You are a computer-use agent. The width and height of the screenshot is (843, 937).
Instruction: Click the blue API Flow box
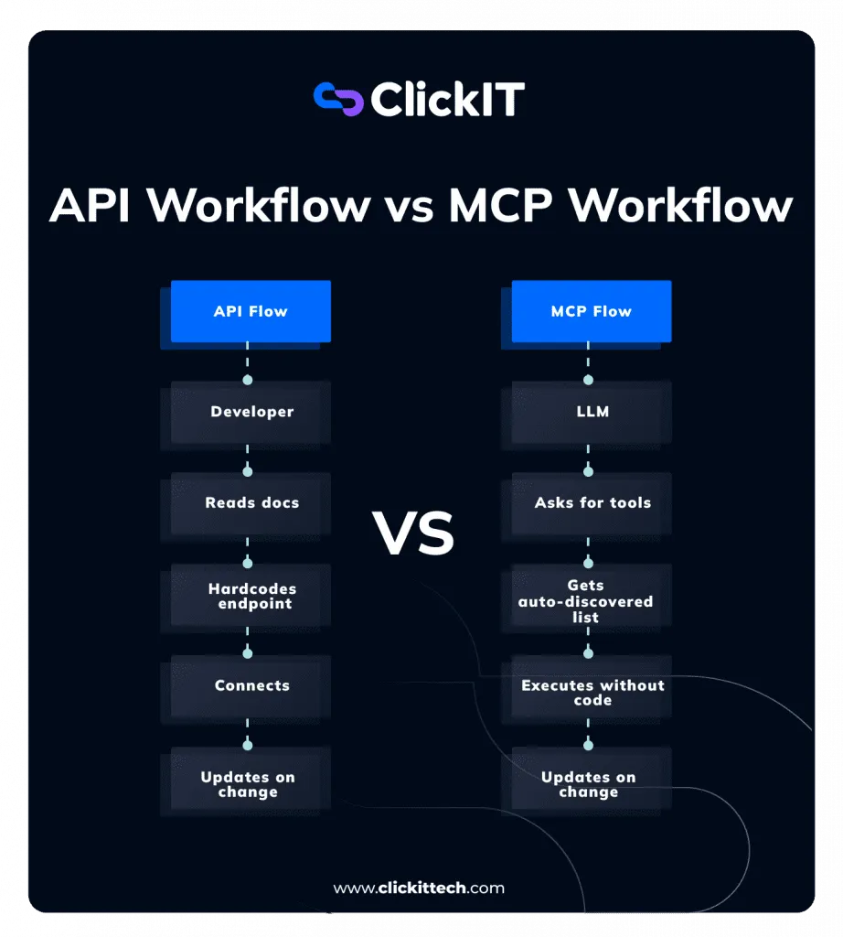[251, 311]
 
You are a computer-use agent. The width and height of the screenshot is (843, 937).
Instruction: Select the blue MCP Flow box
[591, 311]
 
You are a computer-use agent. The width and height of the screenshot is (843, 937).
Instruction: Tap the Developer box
[251, 412]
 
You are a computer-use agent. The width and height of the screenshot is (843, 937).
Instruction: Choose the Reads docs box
[251, 502]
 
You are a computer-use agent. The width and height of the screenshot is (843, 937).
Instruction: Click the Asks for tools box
[592, 502]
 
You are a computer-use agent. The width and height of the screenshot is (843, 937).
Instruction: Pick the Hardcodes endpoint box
[251, 596]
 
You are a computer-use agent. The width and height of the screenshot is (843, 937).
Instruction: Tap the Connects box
[251, 685]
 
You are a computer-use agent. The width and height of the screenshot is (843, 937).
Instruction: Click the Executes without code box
[592, 692]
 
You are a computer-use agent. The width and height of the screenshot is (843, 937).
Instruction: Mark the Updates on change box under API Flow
[249, 784]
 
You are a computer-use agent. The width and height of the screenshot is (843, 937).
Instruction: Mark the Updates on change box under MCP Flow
[589, 784]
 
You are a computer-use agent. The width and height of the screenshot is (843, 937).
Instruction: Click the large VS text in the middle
[413, 534]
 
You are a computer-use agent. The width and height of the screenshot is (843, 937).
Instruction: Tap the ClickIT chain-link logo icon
[338, 100]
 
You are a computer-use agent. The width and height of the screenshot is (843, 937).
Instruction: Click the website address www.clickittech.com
[419, 888]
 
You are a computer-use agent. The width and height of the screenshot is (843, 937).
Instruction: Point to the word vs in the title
[408, 207]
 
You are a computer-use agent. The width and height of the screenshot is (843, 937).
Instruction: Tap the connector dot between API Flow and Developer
[247, 379]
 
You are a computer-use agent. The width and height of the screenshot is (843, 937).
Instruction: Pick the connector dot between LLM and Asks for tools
[588, 471]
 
